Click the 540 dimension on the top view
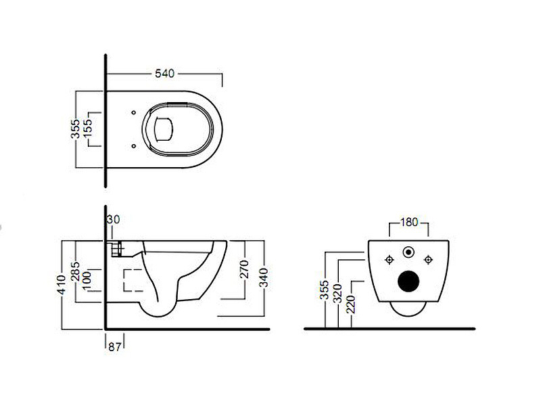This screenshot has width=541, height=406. click(x=164, y=72)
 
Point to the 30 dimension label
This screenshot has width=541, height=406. click(x=113, y=219)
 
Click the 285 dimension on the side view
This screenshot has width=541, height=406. click(x=76, y=271)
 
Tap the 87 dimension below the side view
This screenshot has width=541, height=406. click(x=114, y=347)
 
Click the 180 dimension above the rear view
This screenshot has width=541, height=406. click(x=408, y=222)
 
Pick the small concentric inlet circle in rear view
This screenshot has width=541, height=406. click(x=408, y=253)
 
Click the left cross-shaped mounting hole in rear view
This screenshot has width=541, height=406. click(x=389, y=259)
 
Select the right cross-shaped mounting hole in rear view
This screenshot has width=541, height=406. click(x=427, y=259)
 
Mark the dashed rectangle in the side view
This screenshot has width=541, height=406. click(x=133, y=280)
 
